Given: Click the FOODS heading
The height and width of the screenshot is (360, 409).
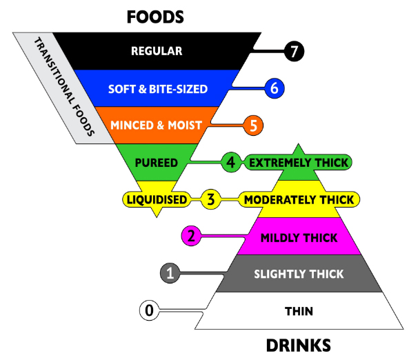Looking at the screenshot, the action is pyautogui.click(x=155, y=17).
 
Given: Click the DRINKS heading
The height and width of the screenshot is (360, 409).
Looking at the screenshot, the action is pyautogui.click(x=299, y=346).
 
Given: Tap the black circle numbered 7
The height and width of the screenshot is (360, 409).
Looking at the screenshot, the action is pyautogui.click(x=294, y=52).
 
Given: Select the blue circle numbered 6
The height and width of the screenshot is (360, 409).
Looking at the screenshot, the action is pyautogui.click(x=275, y=88).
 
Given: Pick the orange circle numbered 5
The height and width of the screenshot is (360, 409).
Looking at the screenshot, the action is pyautogui.click(x=253, y=126).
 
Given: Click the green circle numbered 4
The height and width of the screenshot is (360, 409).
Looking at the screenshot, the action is pyautogui.click(x=231, y=162).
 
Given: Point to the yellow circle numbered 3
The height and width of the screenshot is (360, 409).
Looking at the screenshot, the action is pyautogui.click(x=211, y=199).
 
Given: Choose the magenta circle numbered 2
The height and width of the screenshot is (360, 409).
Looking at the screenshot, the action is pyautogui.click(x=191, y=236).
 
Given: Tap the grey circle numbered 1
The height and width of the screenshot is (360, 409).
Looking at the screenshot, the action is pyautogui.click(x=170, y=273).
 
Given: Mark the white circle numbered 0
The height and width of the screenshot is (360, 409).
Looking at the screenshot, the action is pyautogui.click(x=149, y=310).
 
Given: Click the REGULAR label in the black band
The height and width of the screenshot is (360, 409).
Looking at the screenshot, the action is pyautogui.click(x=157, y=51).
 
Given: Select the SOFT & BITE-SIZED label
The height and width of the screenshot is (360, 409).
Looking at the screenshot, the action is pyautogui.click(x=158, y=89).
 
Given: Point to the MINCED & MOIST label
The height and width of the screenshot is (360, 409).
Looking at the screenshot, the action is pyautogui.click(x=157, y=126).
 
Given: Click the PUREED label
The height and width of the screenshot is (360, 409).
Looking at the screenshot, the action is pyautogui.click(x=157, y=163).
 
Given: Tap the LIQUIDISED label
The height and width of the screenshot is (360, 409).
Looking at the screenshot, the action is pyautogui.click(x=157, y=200).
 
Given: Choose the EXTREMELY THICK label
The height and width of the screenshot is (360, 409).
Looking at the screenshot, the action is pyautogui.click(x=299, y=163).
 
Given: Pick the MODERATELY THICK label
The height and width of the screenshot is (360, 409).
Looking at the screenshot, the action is pyautogui.click(x=299, y=200).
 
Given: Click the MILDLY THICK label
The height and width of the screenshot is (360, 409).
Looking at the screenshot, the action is pyautogui.click(x=299, y=238).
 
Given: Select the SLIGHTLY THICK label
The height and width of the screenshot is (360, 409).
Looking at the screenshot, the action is pyautogui.click(x=299, y=274).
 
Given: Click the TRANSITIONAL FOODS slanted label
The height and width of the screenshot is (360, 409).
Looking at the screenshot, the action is pyautogui.click(x=64, y=87).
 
